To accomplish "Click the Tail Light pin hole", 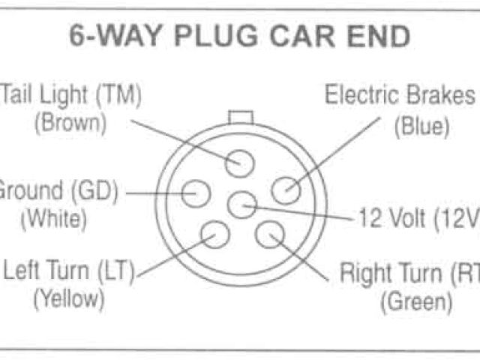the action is [241, 162].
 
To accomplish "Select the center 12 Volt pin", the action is [241, 203].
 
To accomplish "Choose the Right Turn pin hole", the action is [270, 234].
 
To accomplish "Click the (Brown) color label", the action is [70, 121].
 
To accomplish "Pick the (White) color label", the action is [53, 220].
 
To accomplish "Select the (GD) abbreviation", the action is [94, 193].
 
